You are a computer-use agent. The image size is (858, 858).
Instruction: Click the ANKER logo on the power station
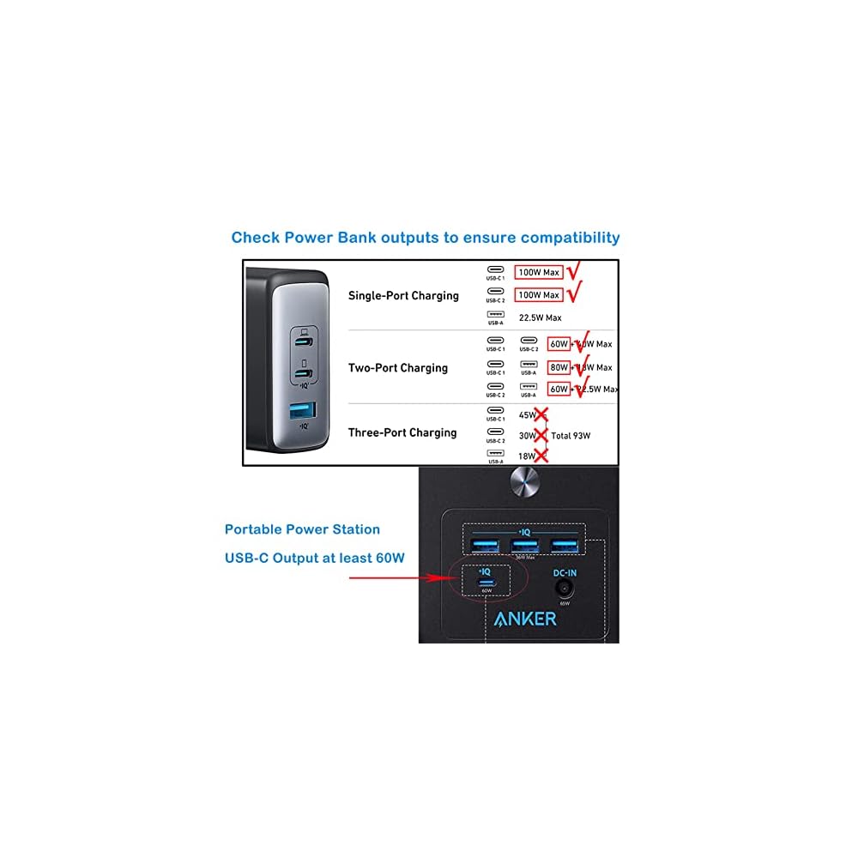coord(525,618)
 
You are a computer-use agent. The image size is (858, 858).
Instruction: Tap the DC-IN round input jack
coord(564,589)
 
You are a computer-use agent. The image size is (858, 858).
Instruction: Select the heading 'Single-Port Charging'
coord(403,296)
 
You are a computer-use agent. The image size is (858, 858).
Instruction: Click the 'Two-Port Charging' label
coord(398,368)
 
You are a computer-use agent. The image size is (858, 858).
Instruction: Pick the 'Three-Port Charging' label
coord(402,432)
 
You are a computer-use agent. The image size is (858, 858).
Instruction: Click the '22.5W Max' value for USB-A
coord(541,317)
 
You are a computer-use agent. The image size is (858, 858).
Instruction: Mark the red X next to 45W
coord(541,415)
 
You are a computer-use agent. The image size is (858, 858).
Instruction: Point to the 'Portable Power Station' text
coord(302,529)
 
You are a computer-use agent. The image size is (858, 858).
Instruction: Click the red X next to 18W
coord(541,456)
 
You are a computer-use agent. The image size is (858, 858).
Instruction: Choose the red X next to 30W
coord(541,436)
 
